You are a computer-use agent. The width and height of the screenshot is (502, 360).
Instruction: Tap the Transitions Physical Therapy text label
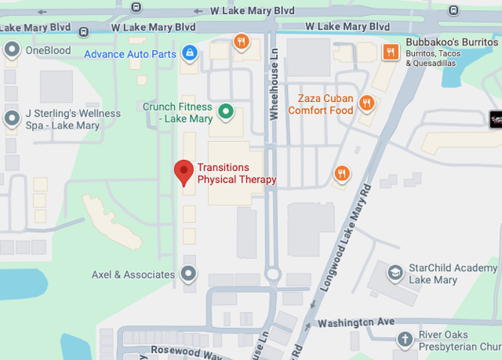tap(237, 173)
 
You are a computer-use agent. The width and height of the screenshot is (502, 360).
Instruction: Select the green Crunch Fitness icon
tap(226, 111)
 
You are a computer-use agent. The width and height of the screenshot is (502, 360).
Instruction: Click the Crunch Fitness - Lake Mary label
tap(177, 112)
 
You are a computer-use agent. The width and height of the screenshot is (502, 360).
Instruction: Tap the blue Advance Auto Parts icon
tap(188, 53)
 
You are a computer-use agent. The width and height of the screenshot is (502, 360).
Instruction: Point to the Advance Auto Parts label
tap(130, 54)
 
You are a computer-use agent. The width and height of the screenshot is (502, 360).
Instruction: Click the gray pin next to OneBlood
tap(12, 50)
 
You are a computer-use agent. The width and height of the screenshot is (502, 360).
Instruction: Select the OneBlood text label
tap(49, 50)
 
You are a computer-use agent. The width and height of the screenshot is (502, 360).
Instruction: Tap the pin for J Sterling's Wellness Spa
tap(12, 119)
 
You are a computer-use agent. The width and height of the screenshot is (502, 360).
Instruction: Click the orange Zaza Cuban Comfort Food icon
tap(366, 103)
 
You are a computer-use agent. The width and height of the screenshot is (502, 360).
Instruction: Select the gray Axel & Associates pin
tap(189, 274)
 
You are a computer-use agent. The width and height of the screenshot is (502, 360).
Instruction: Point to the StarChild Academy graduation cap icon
tap(396, 273)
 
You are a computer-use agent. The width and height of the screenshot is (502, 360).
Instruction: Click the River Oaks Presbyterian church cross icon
tap(405, 340)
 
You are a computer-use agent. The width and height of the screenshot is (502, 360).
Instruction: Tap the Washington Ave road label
tap(355, 322)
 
